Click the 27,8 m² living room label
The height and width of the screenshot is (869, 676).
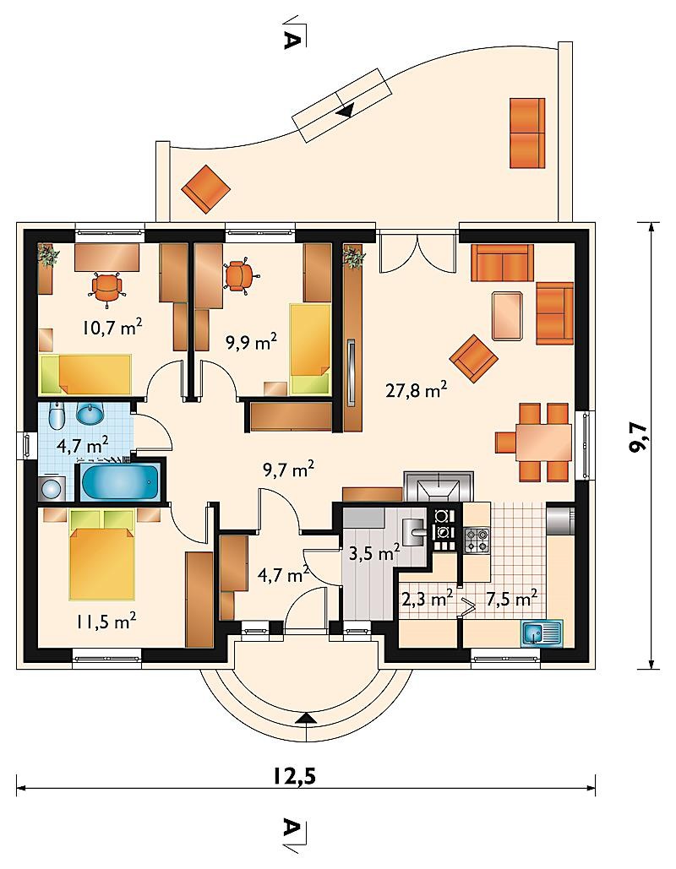point(417,391)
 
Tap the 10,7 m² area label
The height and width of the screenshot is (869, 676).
point(112,328)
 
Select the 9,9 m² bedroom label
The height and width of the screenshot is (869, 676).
point(251,342)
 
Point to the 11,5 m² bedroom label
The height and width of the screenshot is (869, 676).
point(106,622)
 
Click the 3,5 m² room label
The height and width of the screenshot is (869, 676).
point(374,552)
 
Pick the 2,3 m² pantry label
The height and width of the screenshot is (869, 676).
point(427,599)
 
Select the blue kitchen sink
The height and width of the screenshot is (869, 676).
point(542,633)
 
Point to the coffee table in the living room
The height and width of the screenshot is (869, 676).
point(507,315)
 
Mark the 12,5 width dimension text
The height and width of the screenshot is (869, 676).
point(294,776)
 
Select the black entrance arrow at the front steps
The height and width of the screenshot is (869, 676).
point(305,718)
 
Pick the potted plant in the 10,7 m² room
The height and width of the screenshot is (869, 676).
point(47,256)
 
